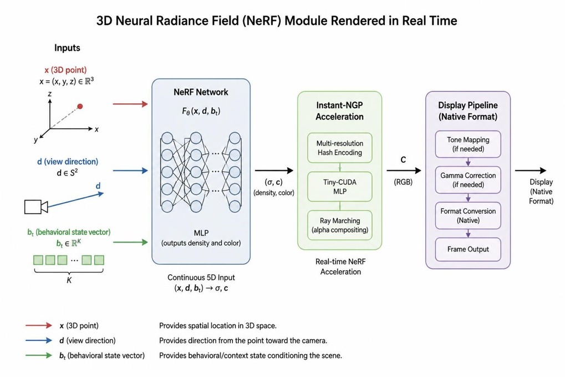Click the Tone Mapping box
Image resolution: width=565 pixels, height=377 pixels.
click(x=468, y=144)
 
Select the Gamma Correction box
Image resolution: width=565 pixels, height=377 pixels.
click(x=468, y=180)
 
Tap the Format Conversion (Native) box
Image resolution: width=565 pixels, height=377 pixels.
click(x=468, y=216)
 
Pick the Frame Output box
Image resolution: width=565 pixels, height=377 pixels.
click(x=468, y=249)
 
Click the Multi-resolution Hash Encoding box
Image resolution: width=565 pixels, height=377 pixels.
click(x=339, y=148)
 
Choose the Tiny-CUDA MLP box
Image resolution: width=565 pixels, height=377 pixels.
click(x=339, y=187)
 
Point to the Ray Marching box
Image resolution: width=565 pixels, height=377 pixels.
click(x=339, y=225)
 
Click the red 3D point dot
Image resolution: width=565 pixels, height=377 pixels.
click(x=80, y=106)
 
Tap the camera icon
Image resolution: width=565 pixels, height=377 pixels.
click(x=36, y=207)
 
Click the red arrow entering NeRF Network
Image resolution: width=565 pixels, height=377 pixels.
click(x=130, y=104)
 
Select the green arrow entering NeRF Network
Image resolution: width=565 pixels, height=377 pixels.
click(x=130, y=242)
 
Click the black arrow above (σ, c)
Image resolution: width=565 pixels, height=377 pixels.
click(x=274, y=170)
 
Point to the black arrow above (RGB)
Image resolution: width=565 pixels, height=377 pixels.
click(x=404, y=170)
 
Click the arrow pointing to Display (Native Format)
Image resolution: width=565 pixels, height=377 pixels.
click(x=531, y=170)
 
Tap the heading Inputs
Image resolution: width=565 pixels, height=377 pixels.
click(x=67, y=48)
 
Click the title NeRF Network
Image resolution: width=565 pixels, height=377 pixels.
click(x=201, y=92)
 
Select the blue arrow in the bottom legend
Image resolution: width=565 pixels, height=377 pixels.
click(x=39, y=340)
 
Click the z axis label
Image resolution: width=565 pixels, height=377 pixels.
click(x=50, y=94)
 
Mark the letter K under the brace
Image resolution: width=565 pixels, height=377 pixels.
click(x=69, y=280)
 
